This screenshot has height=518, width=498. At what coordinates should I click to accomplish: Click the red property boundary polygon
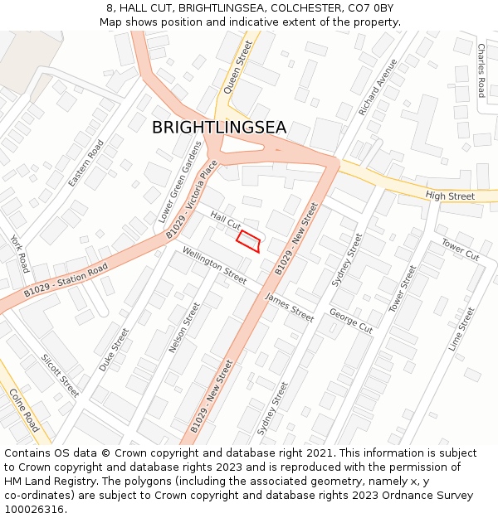[248, 240]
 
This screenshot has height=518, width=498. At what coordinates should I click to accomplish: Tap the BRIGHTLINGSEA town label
[219, 128]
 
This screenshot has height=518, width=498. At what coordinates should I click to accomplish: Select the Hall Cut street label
[225, 220]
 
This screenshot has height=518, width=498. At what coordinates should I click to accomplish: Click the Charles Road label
[481, 70]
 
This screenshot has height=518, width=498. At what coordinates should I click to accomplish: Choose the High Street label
[450, 196]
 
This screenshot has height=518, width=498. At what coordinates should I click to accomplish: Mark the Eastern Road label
[85, 162]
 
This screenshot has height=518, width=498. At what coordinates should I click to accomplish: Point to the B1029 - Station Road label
[66, 280]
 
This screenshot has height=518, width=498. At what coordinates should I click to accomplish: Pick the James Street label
[290, 307]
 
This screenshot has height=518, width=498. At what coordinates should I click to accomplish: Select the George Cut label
[350, 321]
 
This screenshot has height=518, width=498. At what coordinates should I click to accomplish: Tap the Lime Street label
[461, 329]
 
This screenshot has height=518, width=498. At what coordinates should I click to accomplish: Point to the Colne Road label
[25, 410]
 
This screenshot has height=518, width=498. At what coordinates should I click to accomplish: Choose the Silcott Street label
[60, 375]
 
